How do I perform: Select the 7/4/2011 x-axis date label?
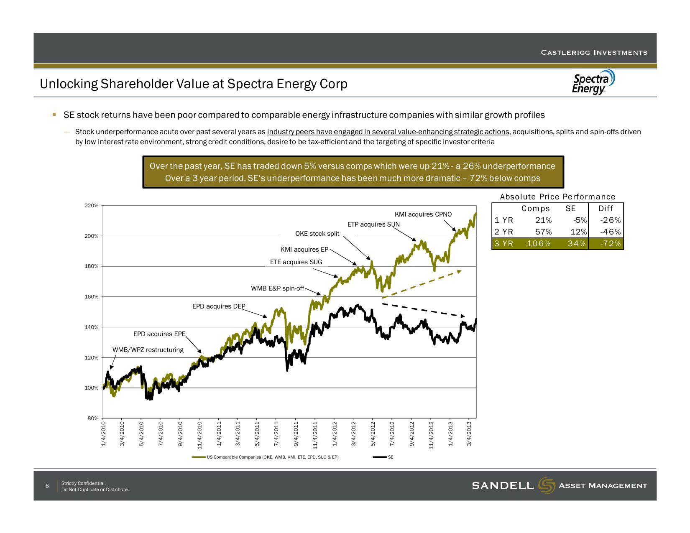pyautogui.click(x=276, y=434)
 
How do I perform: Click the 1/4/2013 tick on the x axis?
pyautogui.click(x=451, y=434)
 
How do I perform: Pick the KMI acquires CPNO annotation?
pyautogui.click(x=423, y=214)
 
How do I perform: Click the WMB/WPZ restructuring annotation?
pyautogui.click(x=148, y=350)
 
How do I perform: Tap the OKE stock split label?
pyautogui.click(x=317, y=234)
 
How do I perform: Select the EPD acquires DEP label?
pyautogui.click(x=218, y=306)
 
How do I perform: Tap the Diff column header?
pyautogui.click(x=606, y=209)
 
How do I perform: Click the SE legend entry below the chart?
pyautogui.click(x=390, y=457)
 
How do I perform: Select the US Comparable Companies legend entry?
pyautogui.click(x=272, y=457)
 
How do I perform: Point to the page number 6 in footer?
pyautogui.click(x=47, y=486)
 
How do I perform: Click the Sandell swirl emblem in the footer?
pyautogui.click(x=547, y=485)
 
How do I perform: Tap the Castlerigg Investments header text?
pyautogui.click(x=594, y=53)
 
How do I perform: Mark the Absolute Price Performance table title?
pyautogui.click(x=557, y=197)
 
